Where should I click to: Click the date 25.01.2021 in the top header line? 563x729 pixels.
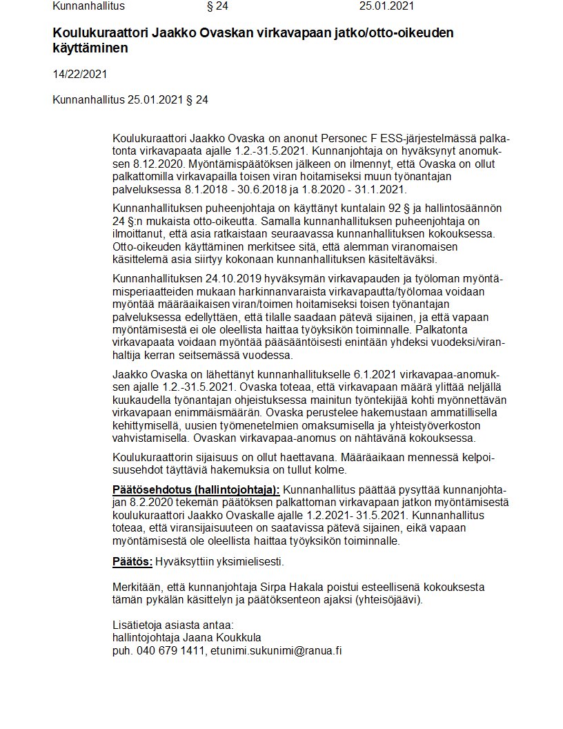(x=386, y=7)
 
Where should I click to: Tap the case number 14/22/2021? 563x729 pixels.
(x=80, y=74)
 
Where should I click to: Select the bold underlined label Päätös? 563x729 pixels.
(x=132, y=561)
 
